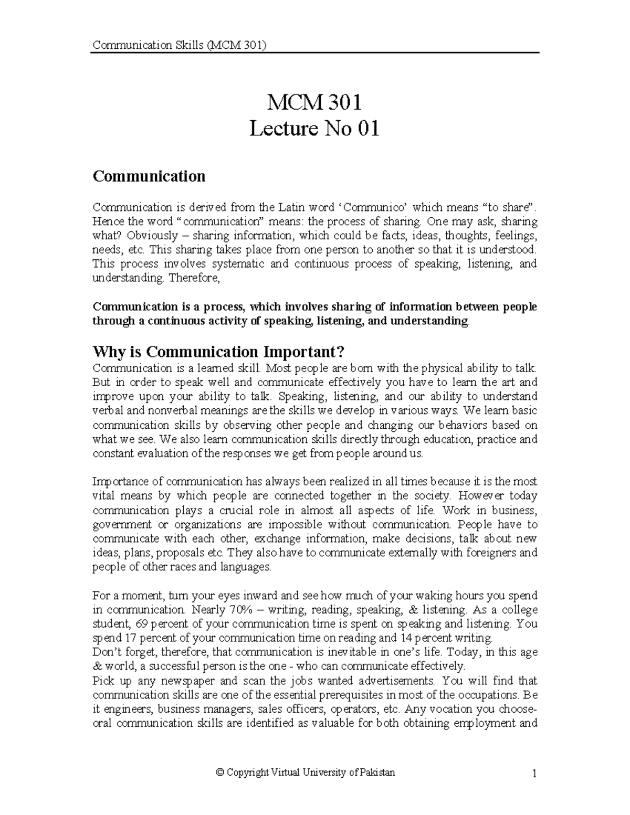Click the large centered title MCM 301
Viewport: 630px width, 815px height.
point(314,102)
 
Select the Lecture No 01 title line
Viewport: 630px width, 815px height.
point(314,129)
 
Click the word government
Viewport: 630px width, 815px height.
point(118,524)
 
